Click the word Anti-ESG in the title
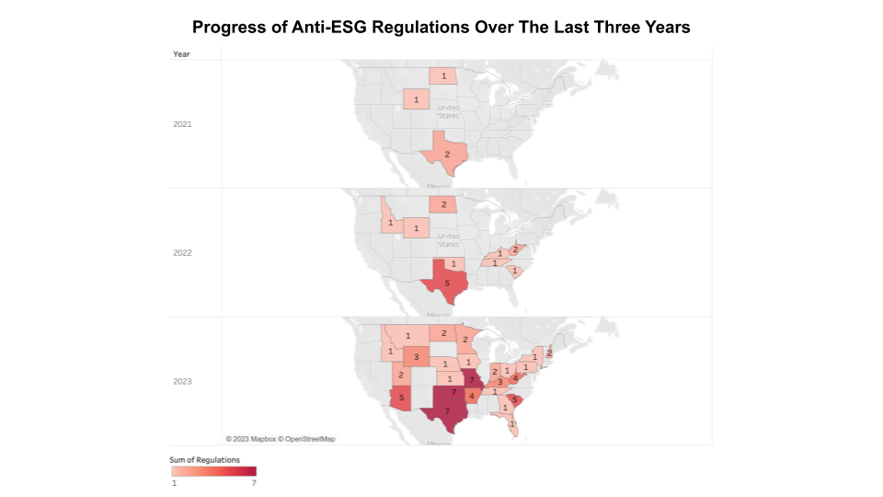[359, 28]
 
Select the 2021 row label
[182, 123]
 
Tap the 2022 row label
[182, 252]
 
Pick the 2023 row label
[182, 380]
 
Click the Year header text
[181, 54]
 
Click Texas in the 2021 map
[447, 154]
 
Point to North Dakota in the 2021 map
[444, 75]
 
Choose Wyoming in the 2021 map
[416, 99]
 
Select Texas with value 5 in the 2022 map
[447, 283]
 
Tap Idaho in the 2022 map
[390, 222]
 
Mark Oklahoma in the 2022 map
[453, 264]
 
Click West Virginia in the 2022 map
[514, 249]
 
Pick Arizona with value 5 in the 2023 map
[402, 398]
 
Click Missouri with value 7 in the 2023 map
[471, 379]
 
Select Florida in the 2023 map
[511, 422]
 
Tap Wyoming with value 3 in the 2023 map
[416, 357]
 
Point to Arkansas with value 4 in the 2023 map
[472, 397]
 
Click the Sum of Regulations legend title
[204, 458]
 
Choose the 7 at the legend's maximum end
[254, 482]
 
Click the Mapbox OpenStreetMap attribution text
[280, 439]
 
